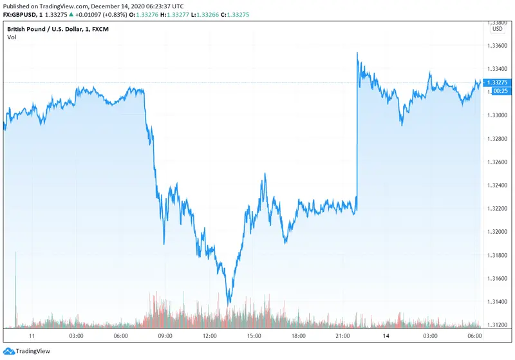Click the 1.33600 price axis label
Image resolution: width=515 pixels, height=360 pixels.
498,46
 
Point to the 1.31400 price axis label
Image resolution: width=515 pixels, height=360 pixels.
498,302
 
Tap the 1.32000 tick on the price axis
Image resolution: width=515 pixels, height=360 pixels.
498,232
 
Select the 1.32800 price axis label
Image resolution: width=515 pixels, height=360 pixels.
498,139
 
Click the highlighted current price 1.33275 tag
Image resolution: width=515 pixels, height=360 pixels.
498,83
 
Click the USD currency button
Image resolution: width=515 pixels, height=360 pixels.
498,29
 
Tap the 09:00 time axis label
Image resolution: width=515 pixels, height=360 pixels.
165,336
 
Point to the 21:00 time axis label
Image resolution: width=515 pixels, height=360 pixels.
342,336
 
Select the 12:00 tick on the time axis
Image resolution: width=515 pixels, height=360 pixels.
209,336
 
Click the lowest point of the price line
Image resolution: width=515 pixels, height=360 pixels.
229,303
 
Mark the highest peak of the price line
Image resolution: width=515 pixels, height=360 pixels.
357,53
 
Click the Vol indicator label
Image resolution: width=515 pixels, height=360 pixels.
12,37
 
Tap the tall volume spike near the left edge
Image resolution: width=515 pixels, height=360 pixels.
15,283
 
